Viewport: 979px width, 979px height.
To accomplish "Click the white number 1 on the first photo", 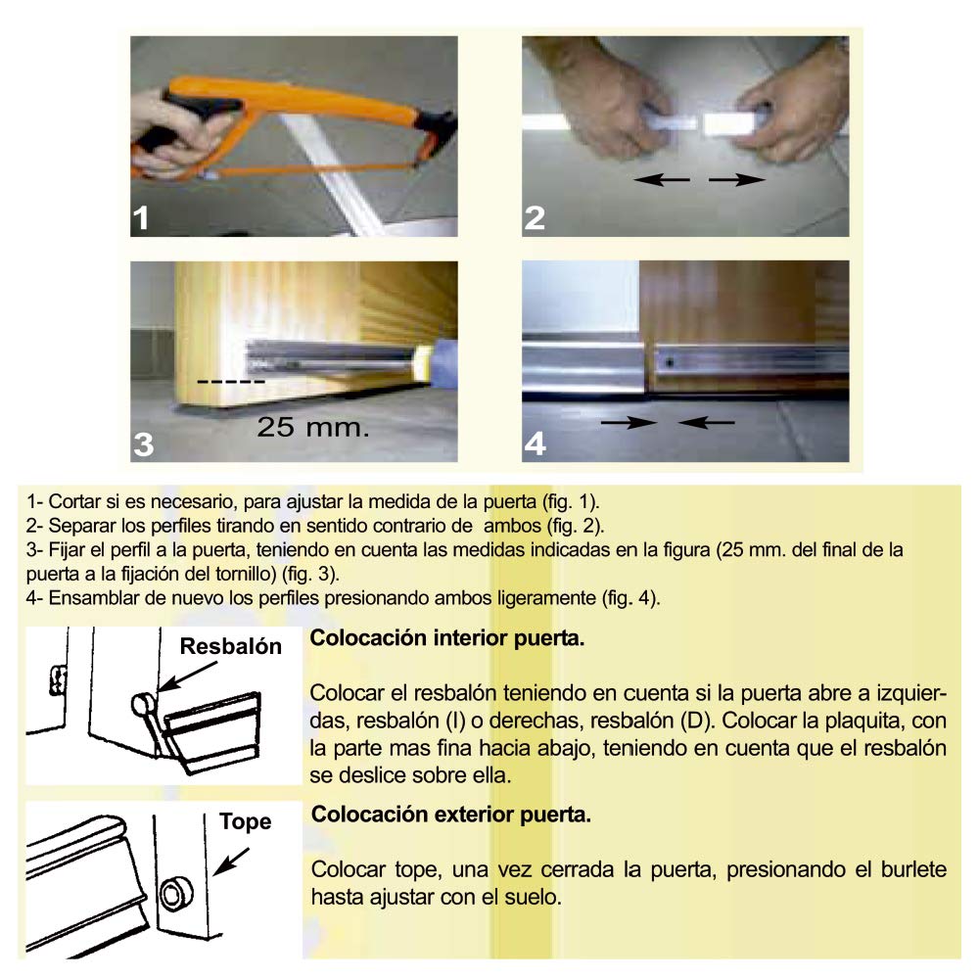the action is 141,218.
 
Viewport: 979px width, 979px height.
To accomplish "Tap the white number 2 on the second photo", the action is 535,218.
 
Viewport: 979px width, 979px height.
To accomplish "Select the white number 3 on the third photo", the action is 143,443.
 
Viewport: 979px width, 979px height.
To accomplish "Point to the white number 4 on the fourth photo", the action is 536,443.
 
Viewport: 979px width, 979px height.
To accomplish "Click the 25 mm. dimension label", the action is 313,427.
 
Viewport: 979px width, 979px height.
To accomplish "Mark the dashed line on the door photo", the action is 231,382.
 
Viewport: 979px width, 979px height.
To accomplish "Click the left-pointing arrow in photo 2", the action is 662,180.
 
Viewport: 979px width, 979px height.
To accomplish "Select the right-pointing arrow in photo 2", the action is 737,180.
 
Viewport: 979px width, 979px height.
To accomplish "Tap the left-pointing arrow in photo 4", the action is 706,423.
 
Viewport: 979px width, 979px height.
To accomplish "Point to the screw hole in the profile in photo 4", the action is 670,362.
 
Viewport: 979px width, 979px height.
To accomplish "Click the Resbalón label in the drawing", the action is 230,646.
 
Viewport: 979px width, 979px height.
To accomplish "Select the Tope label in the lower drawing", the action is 245,822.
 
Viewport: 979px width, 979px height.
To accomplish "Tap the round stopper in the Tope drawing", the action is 175,894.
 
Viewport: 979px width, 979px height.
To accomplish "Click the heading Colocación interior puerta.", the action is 447,638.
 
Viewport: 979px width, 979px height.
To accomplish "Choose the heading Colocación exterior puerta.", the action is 450,815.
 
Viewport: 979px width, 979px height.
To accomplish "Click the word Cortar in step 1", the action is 73,501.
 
